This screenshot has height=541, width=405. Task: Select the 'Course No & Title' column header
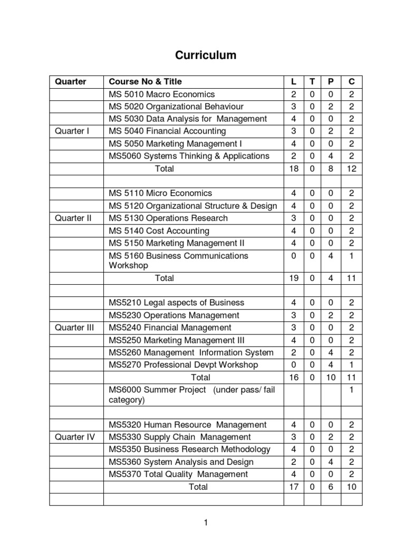[x=145, y=81]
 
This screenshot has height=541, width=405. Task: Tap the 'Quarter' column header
[x=71, y=81]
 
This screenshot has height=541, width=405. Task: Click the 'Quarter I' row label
[x=72, y=131]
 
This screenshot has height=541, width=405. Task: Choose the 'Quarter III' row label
[x=74, y=328]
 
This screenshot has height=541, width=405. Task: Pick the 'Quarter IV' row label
[x=74, y=437]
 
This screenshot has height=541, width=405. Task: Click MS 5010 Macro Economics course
[x=161, y=94]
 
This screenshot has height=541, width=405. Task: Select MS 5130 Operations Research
[x=168, y=218]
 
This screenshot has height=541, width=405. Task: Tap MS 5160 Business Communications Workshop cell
[x=178, y=260]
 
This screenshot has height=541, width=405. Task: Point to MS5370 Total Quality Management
[x=178, y=474]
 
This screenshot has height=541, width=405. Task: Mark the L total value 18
[x=293, y=169]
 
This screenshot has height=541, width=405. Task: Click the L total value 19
[x=293, y=278]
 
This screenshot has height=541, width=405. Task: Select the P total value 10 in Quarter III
[x=331, y=377]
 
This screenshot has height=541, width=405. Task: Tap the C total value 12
[x=351, y=169]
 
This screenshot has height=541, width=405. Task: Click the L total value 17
[x=293, y=487]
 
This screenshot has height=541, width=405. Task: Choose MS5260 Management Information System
[x=191, y=352]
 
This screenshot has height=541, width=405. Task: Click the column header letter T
[x=312, y=81]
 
